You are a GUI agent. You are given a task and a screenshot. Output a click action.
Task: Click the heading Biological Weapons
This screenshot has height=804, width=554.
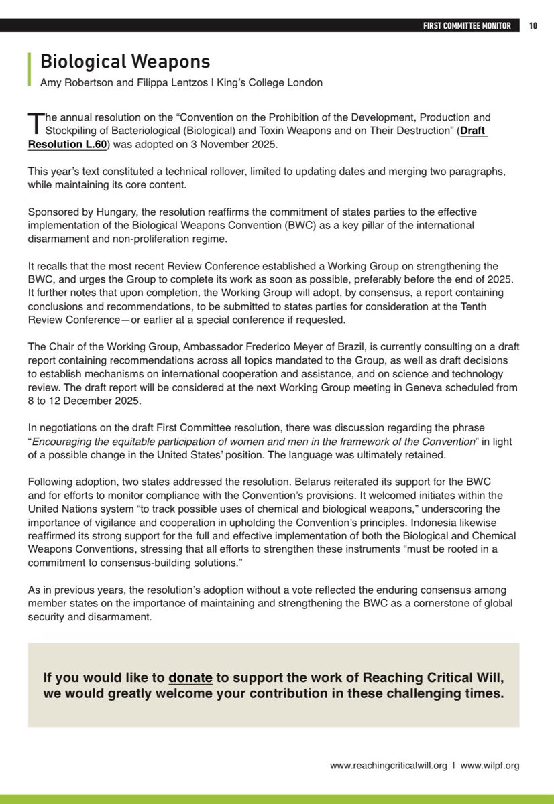coord(125,62)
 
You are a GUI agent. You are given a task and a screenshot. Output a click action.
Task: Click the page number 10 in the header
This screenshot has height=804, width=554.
coord(533,27)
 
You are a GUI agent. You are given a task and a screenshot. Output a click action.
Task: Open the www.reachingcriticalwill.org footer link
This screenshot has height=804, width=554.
coord(388,765)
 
